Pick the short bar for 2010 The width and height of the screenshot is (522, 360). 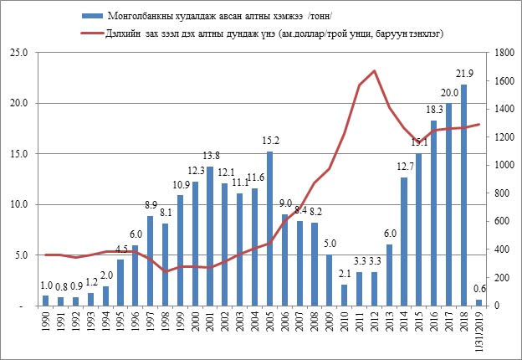[x=343, y=295]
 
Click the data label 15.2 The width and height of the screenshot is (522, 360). [x=269, y=141]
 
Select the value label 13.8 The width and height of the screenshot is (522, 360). [x=211, y=156]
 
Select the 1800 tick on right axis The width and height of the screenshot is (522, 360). [x=501, y=53]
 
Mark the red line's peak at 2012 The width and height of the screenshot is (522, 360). [x=374, y=71]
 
